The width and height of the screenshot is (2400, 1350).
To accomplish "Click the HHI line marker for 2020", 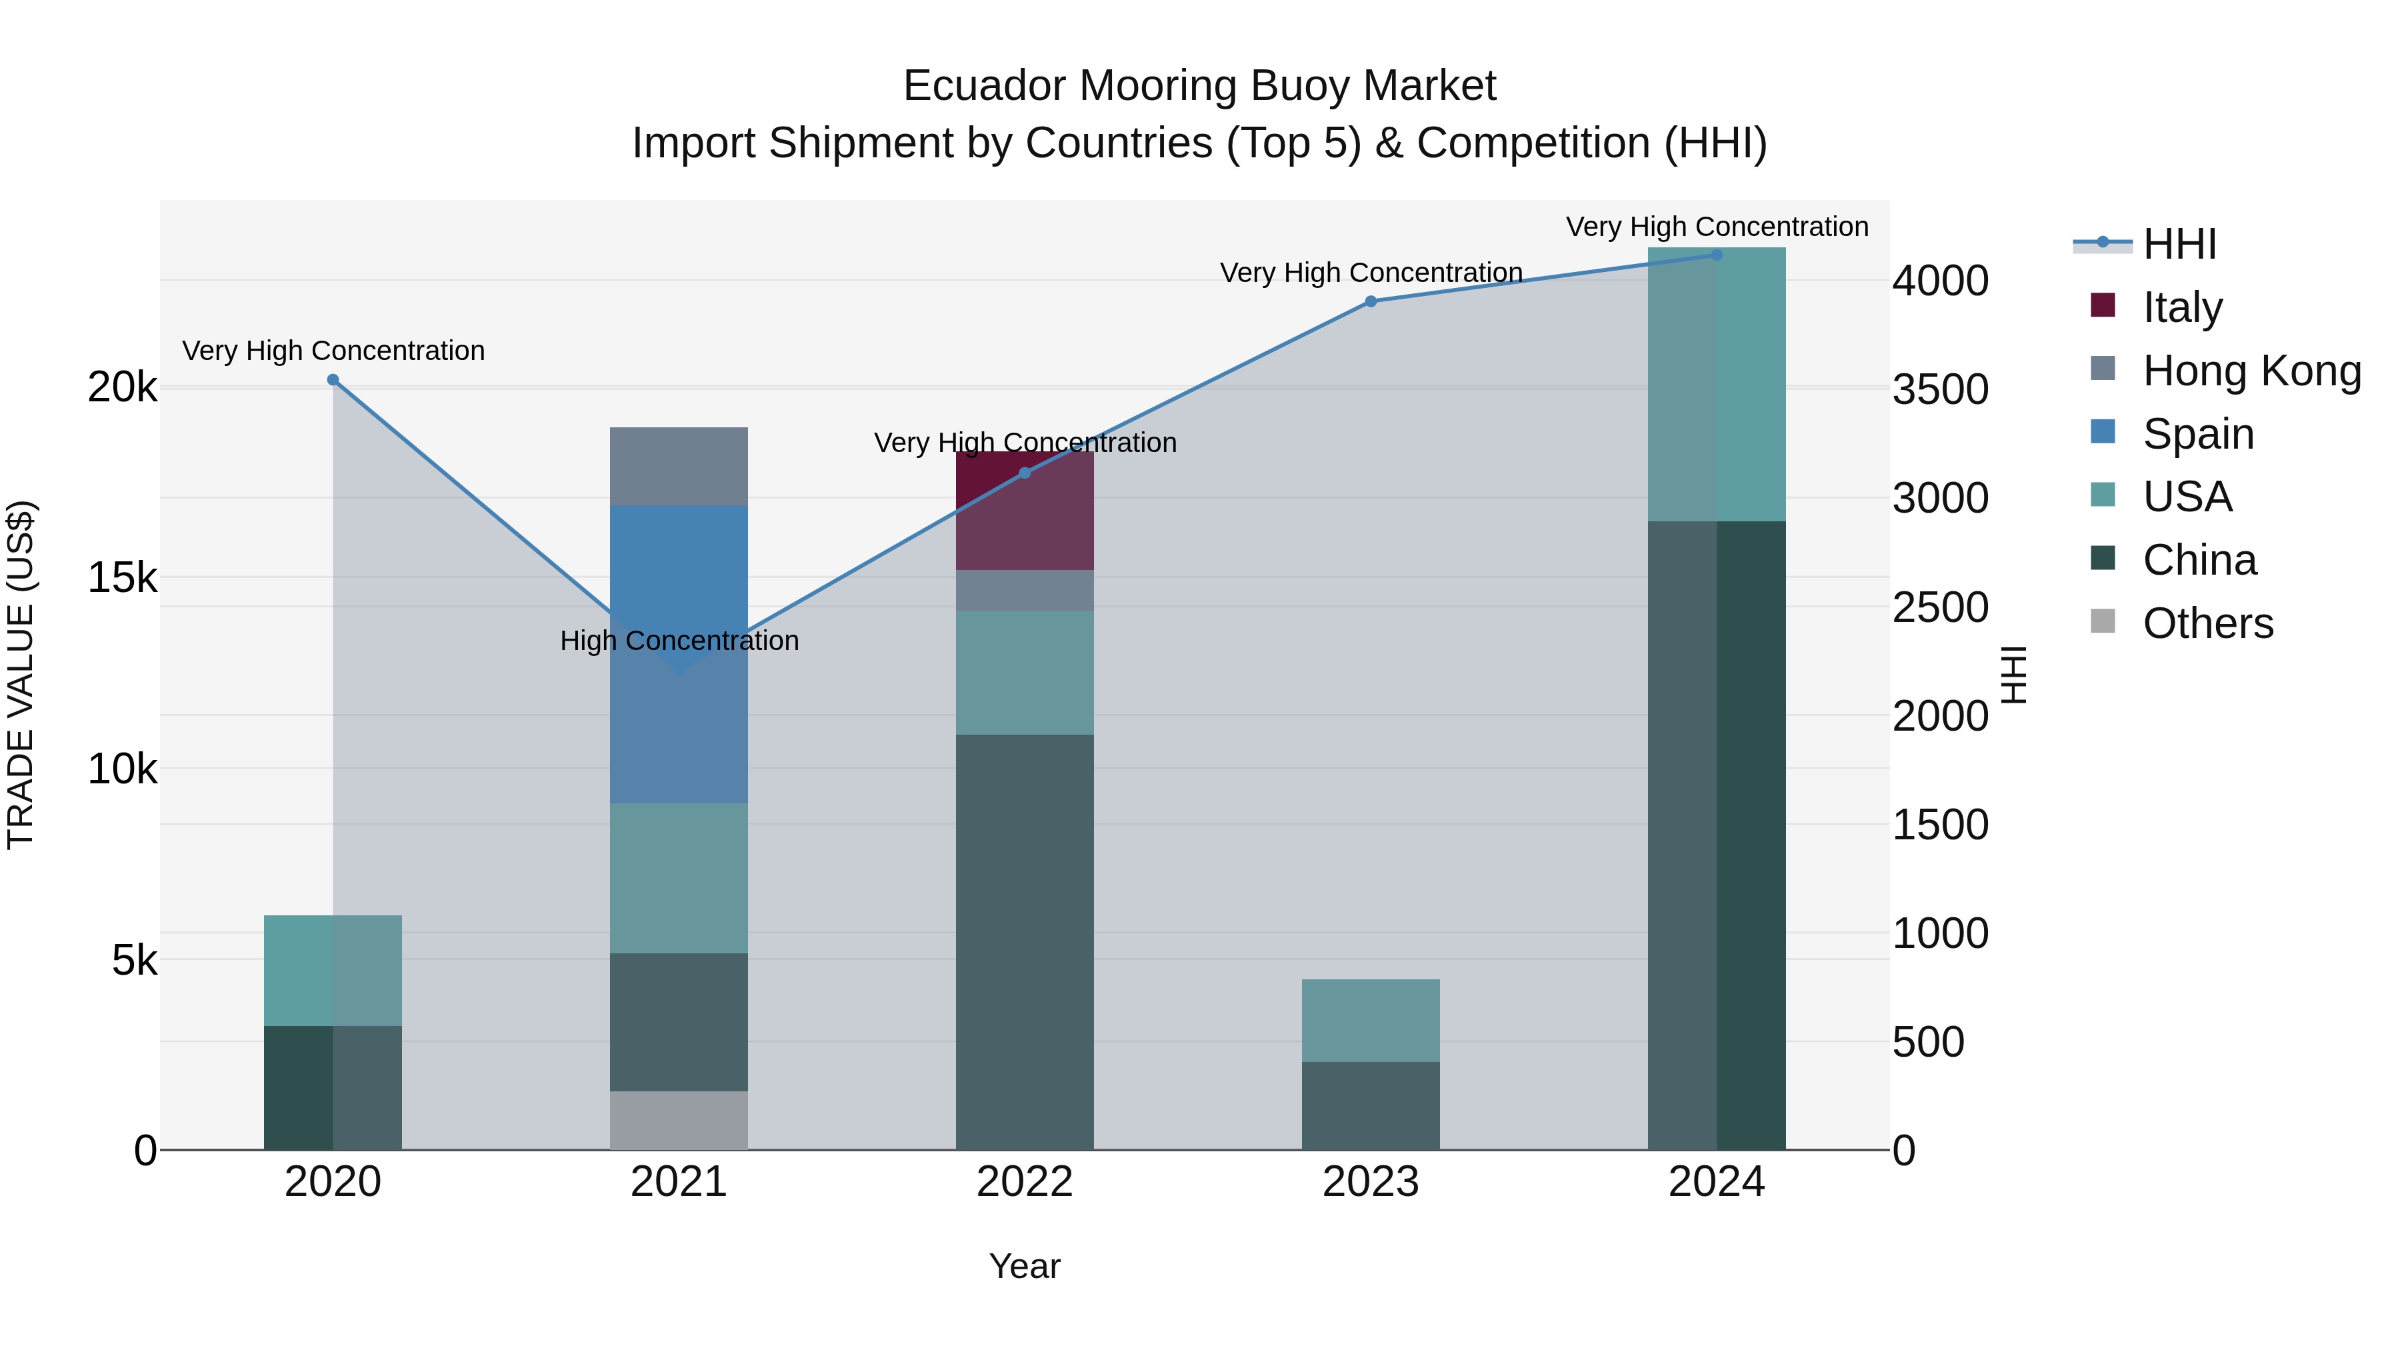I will tap(333, 380).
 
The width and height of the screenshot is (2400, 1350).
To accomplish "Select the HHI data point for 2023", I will tap(1371, 301).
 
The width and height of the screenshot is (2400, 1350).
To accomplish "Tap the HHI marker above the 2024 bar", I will tap(1717, 255).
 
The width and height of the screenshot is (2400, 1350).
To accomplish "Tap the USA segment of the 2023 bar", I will tap(1371, 1020).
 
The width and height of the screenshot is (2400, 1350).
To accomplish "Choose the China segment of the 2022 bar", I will tap(1024, 941).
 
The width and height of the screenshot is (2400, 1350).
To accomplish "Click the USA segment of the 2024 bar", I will tap(1717, 384).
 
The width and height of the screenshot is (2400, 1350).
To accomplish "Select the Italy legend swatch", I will tap(2103, 305).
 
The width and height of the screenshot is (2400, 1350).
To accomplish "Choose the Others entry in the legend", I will tap(2207, 623).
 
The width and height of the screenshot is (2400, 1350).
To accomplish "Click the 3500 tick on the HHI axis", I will tap(1940, 389).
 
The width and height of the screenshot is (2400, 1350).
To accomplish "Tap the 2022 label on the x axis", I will tap(1024, 1182).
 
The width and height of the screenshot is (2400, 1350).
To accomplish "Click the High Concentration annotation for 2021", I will tap(679, 641).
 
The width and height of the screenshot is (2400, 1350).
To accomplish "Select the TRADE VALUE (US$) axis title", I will tap(21, 675).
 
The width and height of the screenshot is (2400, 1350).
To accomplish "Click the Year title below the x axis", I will tap(1024, 1266).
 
